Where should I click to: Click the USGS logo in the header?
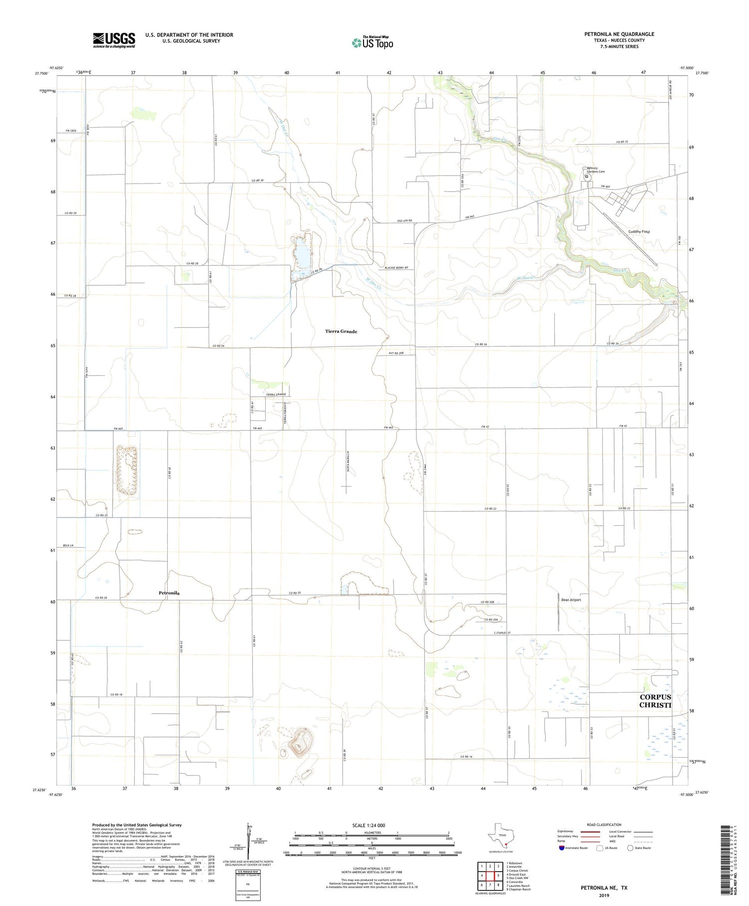click(x=114, y=40)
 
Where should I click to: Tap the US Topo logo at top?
click(x=372, y=43)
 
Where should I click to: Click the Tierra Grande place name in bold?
click(x=341, y=331)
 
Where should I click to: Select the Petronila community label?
click(x=169, y=593)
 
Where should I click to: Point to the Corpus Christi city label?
click(x=655, y=701)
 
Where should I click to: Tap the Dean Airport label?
click(x=571, y=600)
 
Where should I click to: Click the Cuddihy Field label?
click(x=639, y=232)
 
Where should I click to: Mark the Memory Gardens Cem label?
click(x=595, y=170)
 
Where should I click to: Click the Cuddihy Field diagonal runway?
click(x=630, y=239)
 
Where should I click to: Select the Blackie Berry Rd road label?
click(x=396, y=268)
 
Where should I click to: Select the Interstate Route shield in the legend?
click(x=562, y=848)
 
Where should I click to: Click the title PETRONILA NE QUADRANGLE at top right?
click(x=619, y=34)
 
